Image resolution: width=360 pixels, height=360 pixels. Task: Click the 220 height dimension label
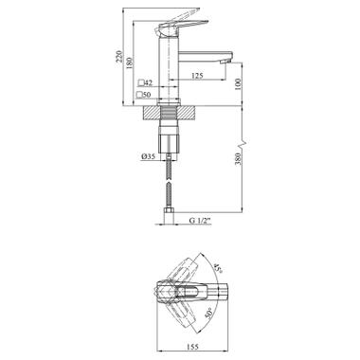tap(119, 57)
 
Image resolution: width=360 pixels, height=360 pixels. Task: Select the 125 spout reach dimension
tap(197, 76)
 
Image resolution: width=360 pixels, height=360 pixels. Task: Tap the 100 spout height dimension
tap(238, 84)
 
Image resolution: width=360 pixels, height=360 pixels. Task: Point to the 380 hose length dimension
tap(238, 159)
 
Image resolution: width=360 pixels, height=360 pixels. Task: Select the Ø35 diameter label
tap(148, 155)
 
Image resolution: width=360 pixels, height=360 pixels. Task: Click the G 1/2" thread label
tap(200, 221)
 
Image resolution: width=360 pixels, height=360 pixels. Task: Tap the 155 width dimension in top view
tap(192, 338)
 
